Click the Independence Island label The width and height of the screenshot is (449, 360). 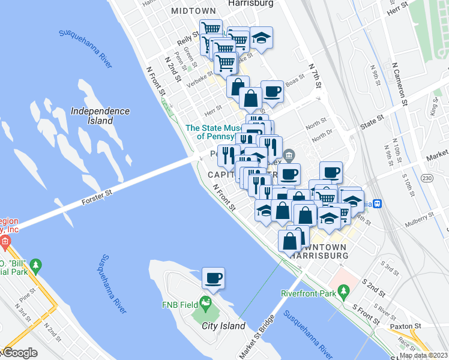[100, 116]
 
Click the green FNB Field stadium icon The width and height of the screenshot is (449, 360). [206, 302]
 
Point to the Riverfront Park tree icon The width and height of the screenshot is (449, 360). [344, 292]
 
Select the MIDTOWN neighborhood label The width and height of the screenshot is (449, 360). [193, 11]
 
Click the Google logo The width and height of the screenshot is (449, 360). [19, 353]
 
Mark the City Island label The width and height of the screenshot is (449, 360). [223, 326]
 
